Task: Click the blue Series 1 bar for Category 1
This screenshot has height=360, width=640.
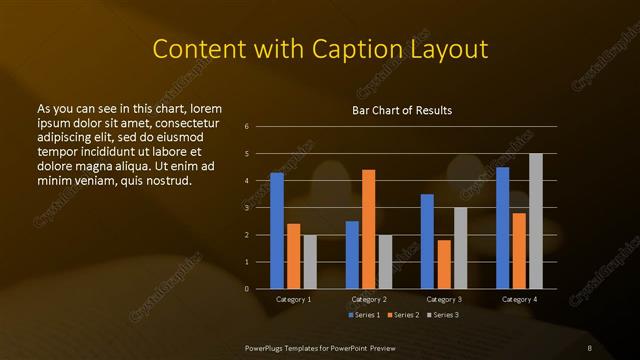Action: [277, 231]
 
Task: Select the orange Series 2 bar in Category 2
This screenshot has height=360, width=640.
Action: [369, 229]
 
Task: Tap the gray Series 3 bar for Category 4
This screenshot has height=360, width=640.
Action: [536, 221]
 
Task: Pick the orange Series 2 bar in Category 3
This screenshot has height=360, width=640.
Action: [444, 264]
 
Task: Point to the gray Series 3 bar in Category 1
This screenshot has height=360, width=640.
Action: [310, 262]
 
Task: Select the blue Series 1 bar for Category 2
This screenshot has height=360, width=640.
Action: [352, 255]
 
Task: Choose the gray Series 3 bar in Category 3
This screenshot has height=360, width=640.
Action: [461, 248]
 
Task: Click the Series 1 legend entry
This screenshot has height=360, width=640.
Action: [363, 316]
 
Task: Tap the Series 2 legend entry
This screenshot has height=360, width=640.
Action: [403, 316]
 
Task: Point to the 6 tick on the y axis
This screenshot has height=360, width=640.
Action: [246, 127]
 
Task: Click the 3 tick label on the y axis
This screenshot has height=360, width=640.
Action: [246, 208]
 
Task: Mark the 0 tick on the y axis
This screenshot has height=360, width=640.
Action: [246, 289]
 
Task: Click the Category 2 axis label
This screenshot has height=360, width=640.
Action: [369, 300]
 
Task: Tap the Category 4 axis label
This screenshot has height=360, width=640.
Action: [519, 300]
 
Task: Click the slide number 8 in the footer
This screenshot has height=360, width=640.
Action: [590, 347]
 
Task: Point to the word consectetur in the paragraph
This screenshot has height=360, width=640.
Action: [184, 121]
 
